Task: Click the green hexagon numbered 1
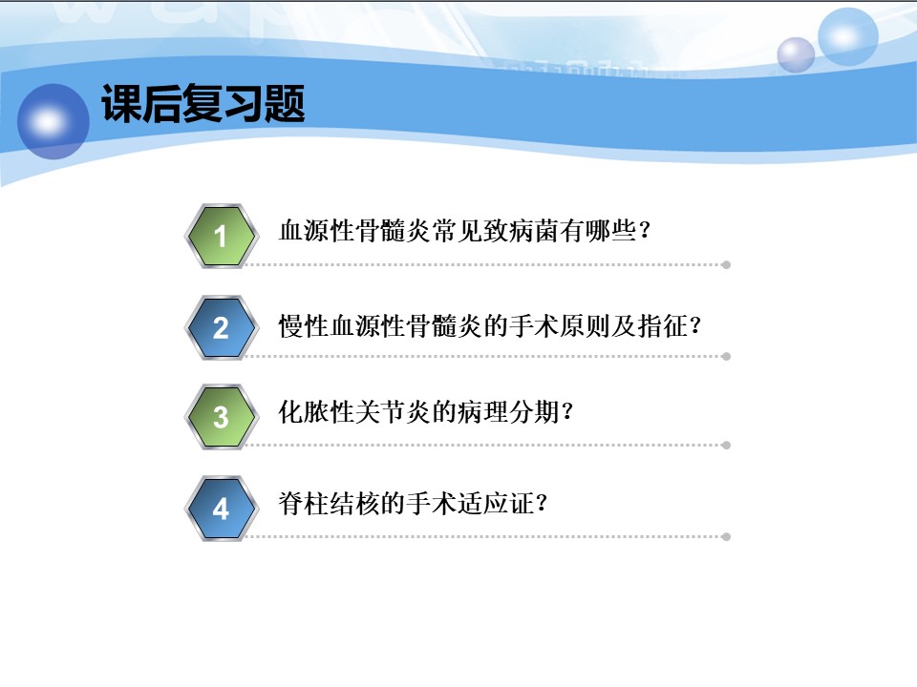[x=221, y=237]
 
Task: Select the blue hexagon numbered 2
[x=221, y=327]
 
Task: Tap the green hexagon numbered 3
[x=221, y=417]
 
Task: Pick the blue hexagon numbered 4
[x=221, y=509]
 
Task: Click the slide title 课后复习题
[x=203, y=103]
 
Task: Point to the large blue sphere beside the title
[x=53, y=121]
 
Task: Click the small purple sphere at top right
[x=796, y=55]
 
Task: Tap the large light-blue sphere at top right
[x=847, y=37]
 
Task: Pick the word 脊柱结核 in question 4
[x=329, y=504]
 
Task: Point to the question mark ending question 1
[x=645, y=230]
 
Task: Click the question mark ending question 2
[x=695, y=325]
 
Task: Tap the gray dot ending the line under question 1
[x=726, y=265]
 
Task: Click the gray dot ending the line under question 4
[x=726, y=537]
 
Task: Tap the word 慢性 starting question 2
[x=304, y=326]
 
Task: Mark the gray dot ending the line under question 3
[x=726, y=446]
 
